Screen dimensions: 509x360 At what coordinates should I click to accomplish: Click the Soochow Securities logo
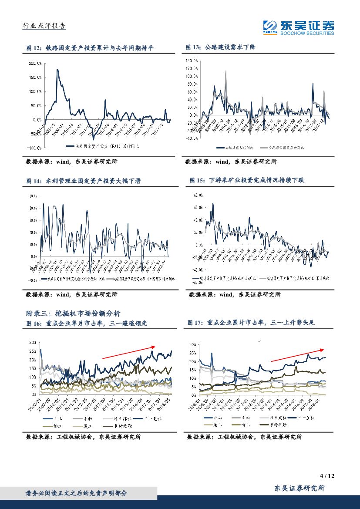tap(298, 27)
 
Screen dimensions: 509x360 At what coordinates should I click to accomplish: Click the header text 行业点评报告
tap(44, 26)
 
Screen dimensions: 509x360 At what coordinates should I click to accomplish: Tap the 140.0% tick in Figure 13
tap(192, 60)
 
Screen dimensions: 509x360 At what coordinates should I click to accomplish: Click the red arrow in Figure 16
tap(128, 353)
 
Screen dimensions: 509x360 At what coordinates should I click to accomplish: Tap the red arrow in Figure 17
tap(297, 355)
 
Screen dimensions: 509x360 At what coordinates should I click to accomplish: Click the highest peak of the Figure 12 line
tap(57, 69)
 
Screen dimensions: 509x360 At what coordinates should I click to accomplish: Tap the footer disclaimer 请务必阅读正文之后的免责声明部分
tap(76, 493)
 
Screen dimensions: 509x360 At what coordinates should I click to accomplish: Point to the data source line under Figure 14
tap(72, 294)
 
